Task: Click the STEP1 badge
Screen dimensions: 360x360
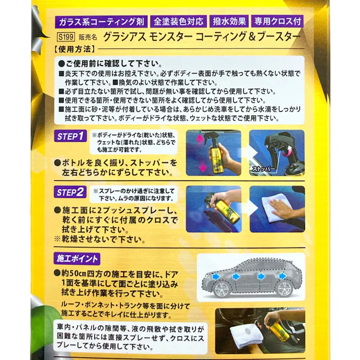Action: pyautogui.click(x=70, y=137)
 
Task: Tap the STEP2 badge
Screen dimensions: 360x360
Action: pyautogui.click(x=70, y=192)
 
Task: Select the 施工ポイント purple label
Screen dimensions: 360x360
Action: pyautogui.click(x=76, y=259)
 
